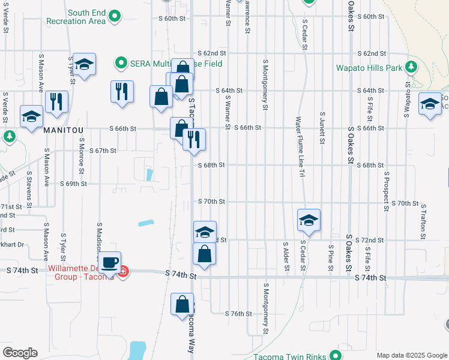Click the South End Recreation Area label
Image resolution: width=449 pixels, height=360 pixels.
click(86, 17)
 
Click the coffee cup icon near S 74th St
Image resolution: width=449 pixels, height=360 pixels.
click(110, 262)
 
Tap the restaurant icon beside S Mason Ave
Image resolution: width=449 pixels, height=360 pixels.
click(56, 101)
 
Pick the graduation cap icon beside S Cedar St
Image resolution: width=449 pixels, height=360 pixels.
click(309, 220)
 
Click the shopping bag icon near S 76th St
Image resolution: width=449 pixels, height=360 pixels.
click(182, 304)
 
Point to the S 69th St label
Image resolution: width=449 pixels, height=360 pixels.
click(73, 184)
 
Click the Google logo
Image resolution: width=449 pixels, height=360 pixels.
click(20, 353)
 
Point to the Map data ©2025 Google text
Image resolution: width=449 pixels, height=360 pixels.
click(411, 355)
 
